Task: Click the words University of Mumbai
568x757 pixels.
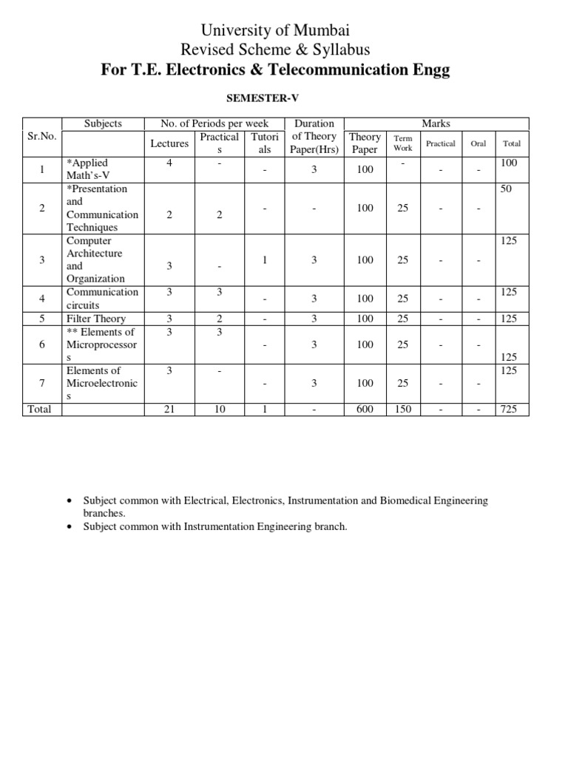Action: point(275,30)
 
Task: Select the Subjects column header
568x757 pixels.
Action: point(103,123)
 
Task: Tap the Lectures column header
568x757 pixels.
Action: point(169,143)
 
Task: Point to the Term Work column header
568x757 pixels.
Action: point(403,143)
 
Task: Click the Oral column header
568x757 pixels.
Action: point(479,143)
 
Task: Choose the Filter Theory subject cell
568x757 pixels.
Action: point(96,319)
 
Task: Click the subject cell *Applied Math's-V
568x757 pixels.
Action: point(88,169)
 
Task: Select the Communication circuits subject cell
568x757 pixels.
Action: point(102,298)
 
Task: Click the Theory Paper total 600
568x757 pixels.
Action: point(365,409)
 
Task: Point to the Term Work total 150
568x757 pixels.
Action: point(402,409)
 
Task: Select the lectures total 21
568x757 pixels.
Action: point(169,409)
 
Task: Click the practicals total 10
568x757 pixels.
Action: point(220,409)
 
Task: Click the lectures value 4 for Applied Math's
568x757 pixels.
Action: point(169,163)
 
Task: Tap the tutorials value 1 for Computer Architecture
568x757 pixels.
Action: point(265,260)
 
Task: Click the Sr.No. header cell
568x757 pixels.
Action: point(42,137)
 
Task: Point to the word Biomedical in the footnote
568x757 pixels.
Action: point(406,500)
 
